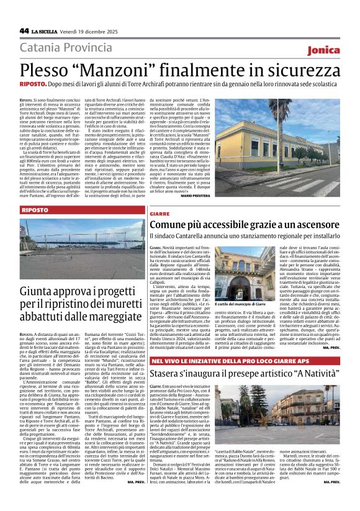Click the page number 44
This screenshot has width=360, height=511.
click(x=24, y=30)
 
